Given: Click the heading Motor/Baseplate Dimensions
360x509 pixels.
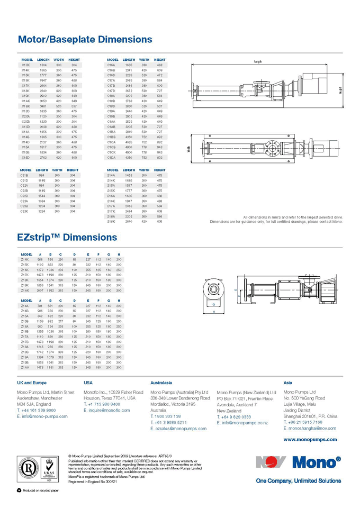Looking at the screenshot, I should point(85,39).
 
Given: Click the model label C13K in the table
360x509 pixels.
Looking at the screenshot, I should point(25,65).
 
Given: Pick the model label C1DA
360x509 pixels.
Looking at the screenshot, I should point(111,158).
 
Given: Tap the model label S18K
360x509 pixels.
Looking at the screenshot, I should point(111,221).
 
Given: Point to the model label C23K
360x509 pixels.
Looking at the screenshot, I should point(24,211).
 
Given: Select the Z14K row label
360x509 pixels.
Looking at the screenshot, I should point(24,260).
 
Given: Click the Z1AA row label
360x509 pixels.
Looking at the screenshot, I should point(25,367).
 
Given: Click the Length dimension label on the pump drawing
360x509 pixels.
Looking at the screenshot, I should point(257,62).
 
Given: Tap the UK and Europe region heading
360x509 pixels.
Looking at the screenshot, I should point(32,383).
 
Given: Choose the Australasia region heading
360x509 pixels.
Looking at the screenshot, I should point(161,383).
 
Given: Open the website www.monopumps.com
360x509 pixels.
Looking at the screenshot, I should point(310,439).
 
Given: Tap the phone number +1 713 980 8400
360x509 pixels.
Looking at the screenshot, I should point(104,404).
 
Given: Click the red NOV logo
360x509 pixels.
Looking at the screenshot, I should point(271,462).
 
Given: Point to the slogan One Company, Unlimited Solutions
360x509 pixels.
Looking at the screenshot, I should point(298,481).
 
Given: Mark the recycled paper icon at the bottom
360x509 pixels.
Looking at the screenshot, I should point(19,492).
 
